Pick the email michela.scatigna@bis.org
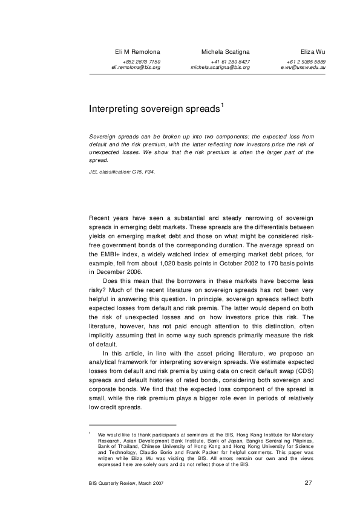point(220,68)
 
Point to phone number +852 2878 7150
point(141,62)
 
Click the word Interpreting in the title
point(115,109)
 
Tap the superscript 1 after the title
point(223,106)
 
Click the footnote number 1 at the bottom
point(90,433)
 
